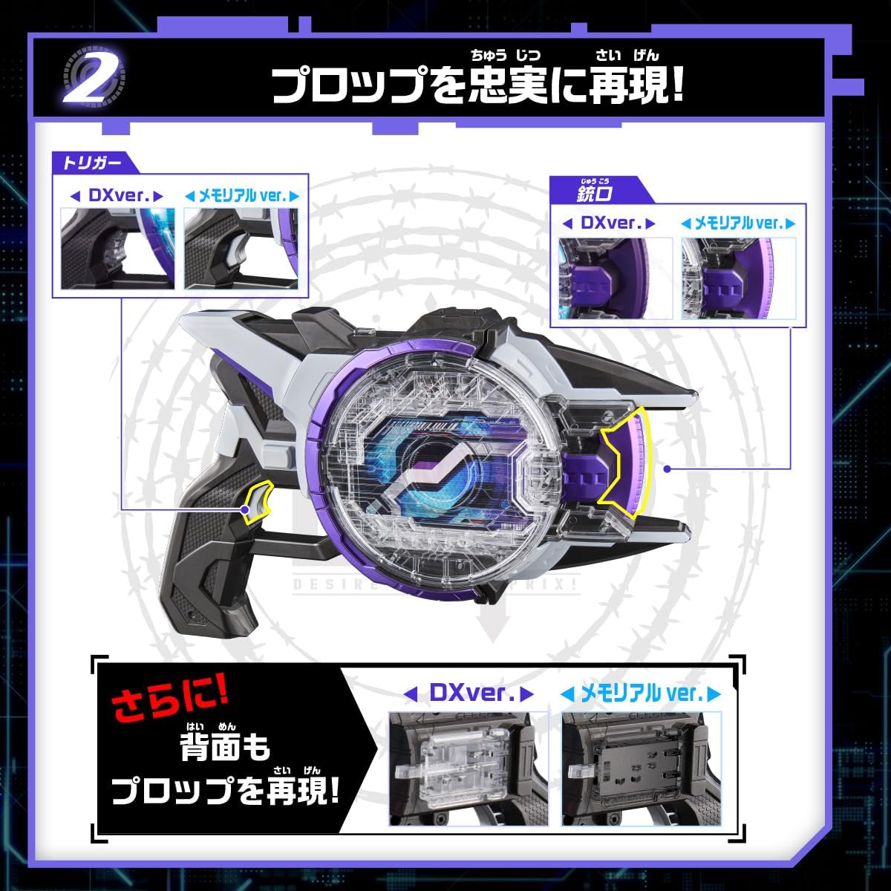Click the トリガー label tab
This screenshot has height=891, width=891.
point(88,162)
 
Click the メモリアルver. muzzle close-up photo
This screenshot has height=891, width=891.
point(739,278)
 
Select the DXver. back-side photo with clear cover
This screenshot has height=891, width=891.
point(469,768)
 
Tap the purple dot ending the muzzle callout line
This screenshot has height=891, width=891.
point(668,469)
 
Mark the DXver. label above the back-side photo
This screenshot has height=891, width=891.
point(469,693)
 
